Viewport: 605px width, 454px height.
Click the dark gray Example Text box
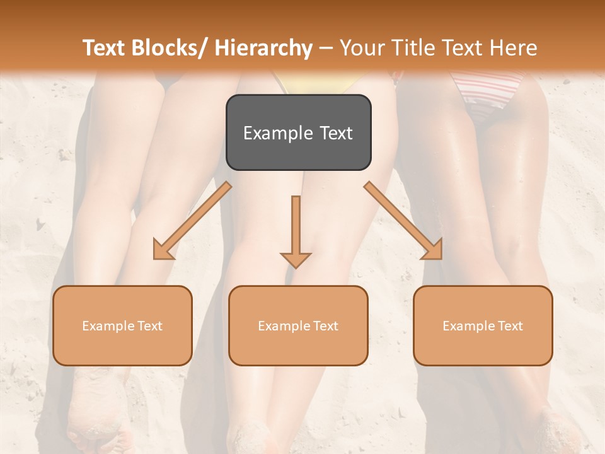(x=298, y=132)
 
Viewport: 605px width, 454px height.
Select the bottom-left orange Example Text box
(x=122, y=325)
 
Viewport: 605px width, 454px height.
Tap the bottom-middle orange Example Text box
(x=298, y=325)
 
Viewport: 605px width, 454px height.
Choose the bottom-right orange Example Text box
(x=483, y=325)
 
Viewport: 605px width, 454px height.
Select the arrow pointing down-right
(x=404, y=221)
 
